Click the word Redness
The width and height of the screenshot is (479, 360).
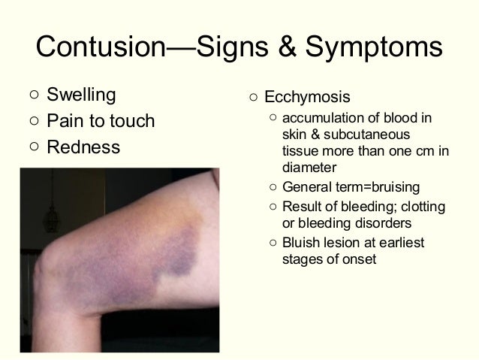click(x=83, y=147)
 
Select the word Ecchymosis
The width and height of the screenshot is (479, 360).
click(x=306, y=98)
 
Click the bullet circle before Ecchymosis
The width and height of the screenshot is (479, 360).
click(x=254, y=98)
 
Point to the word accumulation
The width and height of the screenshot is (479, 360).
click(x=321, y=119)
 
